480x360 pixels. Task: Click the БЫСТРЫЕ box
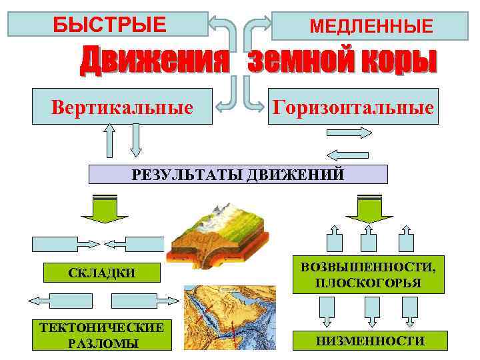coord(109,24)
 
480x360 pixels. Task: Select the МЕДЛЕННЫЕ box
coord(371,27)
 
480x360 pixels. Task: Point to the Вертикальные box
coord(123,107)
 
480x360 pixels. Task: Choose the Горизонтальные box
coord(352,107)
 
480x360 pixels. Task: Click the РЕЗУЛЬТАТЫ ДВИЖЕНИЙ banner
coord(238,175)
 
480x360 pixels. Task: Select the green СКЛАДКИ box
coord(102,272)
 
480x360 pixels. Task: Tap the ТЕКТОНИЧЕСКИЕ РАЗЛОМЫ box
coord(102,335)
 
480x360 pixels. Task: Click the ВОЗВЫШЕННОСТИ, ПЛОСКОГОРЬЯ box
coord(368,275)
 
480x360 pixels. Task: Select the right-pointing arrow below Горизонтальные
coord(348,133)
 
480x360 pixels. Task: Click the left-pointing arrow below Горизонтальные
coord(348,153)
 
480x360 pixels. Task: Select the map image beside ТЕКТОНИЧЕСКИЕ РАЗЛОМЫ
coord(231,317)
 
